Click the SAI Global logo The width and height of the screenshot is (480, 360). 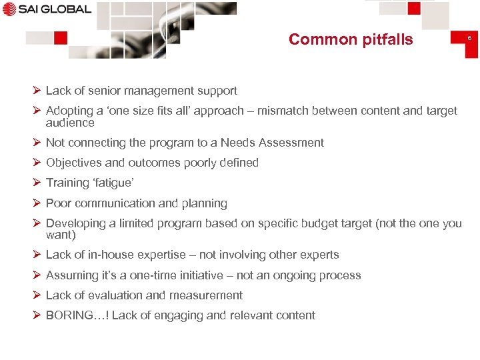(47, 9)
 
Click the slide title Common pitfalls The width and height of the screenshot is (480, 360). (351, 39)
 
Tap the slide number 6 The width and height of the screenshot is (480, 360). (469, 38)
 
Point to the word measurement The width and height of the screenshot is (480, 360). (206, 295)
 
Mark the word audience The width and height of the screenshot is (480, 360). (70, 123)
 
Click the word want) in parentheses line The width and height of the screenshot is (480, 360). (61, 235)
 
